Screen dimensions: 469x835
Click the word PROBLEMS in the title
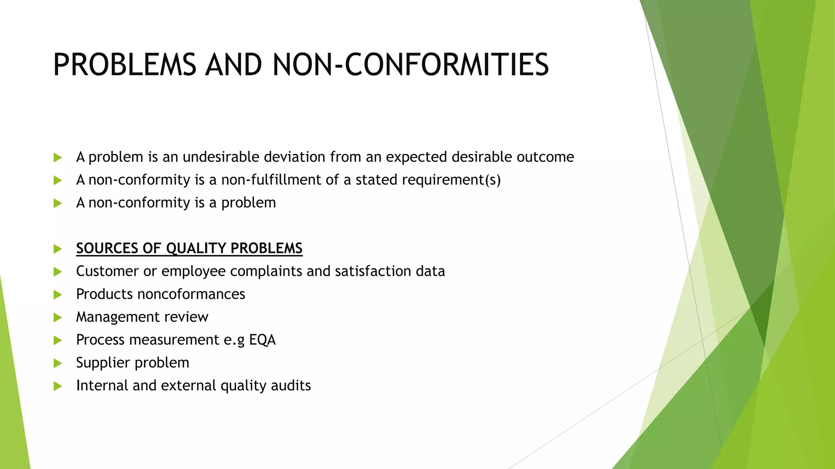point(124,65)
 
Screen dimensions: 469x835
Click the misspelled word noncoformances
point(191,294)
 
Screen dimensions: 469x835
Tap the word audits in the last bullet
point(292,385)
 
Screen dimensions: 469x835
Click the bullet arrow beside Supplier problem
point(57,363)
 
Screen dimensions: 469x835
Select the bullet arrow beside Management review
point(57,318)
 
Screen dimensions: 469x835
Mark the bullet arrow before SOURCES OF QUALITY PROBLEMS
point(57,249)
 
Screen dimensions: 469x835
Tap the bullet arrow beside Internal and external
point(57,386)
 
